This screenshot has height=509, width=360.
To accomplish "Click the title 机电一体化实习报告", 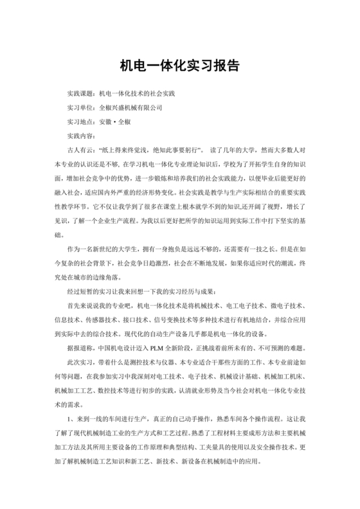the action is [179, 66].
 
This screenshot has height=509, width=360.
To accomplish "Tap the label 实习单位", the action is [80, 107].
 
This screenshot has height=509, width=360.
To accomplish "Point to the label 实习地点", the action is [80, 121].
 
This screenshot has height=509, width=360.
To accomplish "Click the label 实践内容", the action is [80, 136].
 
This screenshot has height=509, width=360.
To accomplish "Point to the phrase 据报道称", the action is [80, 347].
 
